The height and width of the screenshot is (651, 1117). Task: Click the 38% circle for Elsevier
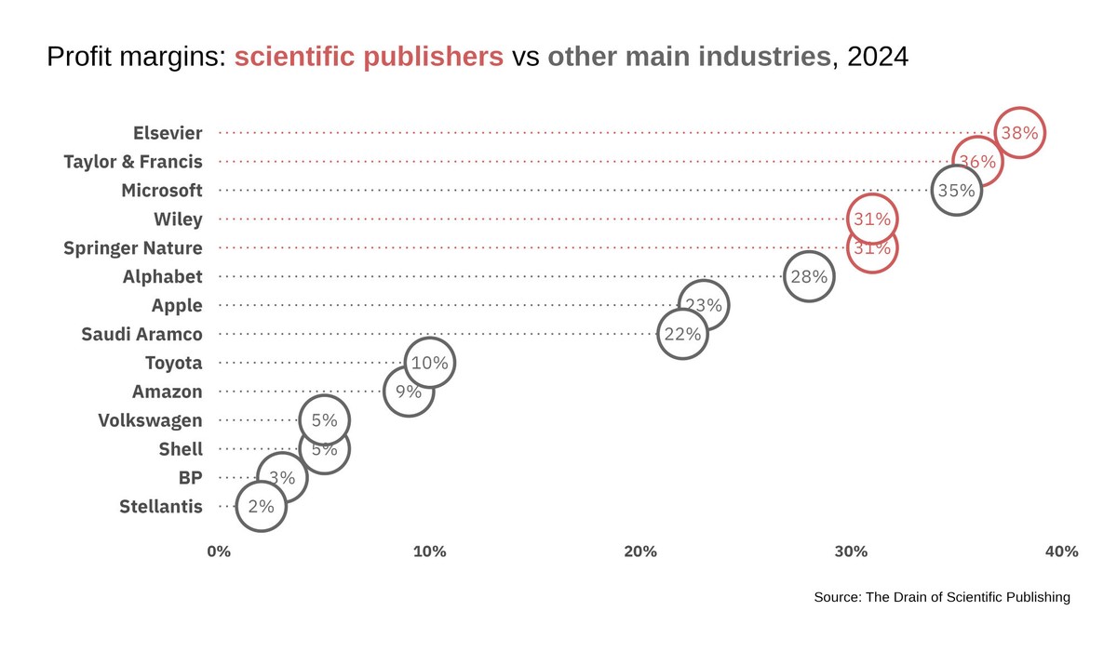click(x=1019, y=133)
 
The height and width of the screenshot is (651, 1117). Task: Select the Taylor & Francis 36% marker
click(x=977, y=162)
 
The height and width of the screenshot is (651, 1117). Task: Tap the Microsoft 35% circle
click(x=956, y=191)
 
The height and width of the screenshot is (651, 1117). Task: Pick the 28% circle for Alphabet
click(x=809, y=276)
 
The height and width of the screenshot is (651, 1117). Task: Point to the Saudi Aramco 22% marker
click(x=682, y=334)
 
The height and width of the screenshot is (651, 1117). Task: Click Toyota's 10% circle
click(x=429, y=363)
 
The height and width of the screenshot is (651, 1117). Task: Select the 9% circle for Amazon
click(x=409, y=392)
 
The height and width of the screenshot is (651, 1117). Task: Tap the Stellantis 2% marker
click(x=261, y=507)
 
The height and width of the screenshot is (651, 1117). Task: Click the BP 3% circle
click(x=282, y=478)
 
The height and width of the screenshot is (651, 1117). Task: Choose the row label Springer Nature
click(x=132, y=248)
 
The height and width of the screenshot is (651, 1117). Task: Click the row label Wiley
click(x=178, y=219)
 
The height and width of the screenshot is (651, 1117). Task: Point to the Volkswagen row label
click(x=150, y=420)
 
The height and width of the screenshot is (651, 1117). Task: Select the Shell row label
click(x=181, y=449)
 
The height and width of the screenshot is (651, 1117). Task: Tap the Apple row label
click(x=177, y=305)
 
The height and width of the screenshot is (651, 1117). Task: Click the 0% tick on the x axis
click(x=219, y=551)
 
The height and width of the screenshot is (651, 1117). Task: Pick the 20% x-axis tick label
click(x=640, y=551)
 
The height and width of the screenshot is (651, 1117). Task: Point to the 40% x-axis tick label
click(x=1061, y=551)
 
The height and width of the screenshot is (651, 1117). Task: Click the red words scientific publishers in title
click(x=369, y=58)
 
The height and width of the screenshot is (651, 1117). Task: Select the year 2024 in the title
click(x=878, y=58)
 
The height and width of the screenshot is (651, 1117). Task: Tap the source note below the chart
click(x=941, y=597)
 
